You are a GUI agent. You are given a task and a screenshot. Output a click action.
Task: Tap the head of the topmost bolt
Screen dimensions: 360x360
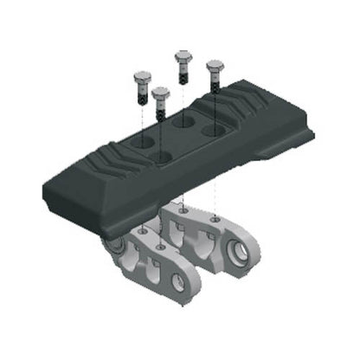coord(183,58)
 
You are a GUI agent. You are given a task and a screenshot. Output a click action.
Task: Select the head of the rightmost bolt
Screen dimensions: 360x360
coord(214,66)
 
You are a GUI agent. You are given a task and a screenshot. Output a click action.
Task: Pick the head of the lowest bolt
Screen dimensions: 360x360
coord(160,92)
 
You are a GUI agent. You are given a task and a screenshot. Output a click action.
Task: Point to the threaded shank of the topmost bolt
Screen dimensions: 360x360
coord(183,74)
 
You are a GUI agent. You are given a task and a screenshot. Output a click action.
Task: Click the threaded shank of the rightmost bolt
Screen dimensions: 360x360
coord(214,87)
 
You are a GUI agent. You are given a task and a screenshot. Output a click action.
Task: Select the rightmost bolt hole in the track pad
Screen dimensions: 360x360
coord(213,131)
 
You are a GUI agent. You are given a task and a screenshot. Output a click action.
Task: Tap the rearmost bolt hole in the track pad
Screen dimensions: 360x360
coord(182,122)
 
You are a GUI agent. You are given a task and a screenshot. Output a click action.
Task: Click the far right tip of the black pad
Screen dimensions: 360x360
coord(313,132)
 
